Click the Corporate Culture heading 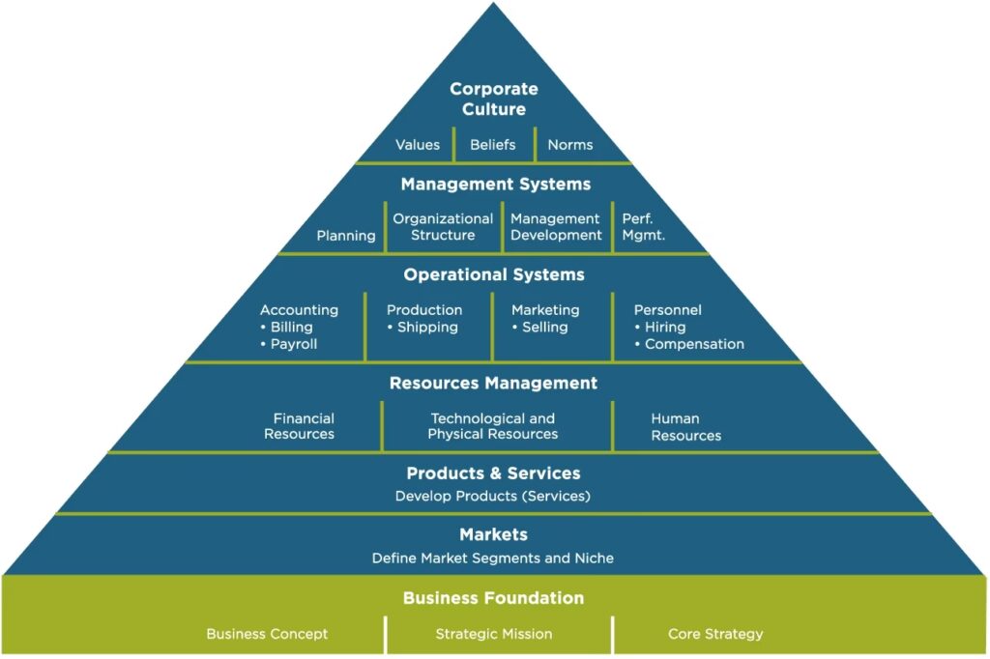click(493, 99)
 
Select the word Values click(418, 145)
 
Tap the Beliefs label click(493, 145)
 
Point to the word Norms click(570, 145)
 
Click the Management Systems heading click(495, 184)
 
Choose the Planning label click(346, 236)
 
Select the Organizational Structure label click(443, 227)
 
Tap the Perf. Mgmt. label click(643, 227)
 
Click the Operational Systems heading click(494, 274)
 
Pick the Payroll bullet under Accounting click(293, 344)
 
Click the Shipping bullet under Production click(426, 328)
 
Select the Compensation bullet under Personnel click(693, 344)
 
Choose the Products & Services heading click(493, 473)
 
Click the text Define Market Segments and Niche click(493, 559)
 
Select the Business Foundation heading click(493, 598)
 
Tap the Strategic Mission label click(494, 634)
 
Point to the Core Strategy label click(715, 634)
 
